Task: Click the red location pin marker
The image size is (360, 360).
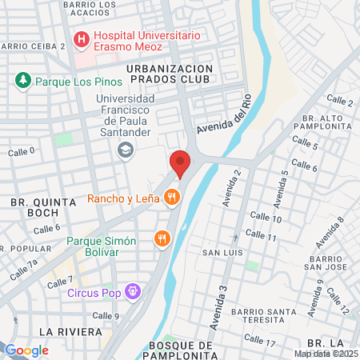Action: (x=181, y=162)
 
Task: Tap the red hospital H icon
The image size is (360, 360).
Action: (x=81, y=39)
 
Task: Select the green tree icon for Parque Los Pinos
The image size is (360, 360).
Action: (x=22, y=80)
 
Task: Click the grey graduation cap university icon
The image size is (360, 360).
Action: (x=125, y=150)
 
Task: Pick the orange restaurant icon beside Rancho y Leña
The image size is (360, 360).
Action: (x=170, y=198)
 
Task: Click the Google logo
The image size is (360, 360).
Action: (x=26, y=350)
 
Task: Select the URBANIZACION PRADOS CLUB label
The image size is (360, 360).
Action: (x=170, y=75)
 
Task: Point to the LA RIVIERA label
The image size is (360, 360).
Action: (x=70, y=331)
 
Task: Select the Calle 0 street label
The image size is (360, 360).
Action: (x=22, y=150)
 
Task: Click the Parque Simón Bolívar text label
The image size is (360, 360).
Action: (x=102, y=241)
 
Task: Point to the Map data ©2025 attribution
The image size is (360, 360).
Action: (x=326, y=354)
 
